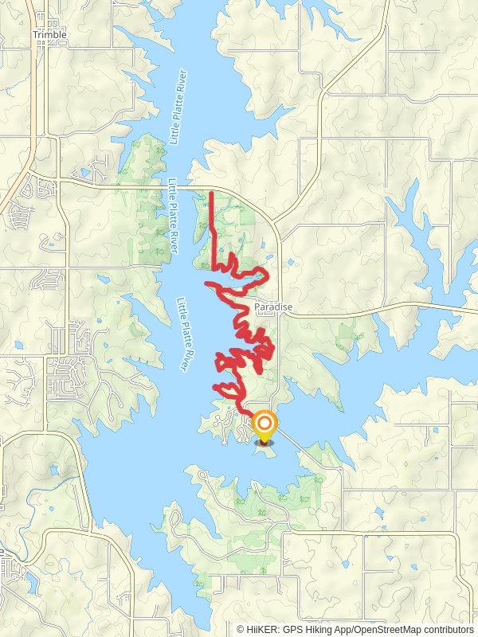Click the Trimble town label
[49, 35]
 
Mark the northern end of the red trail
[212, 193]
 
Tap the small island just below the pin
[265, 451]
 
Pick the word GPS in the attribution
[294, 628]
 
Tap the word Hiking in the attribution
[321, 628]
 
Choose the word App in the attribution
[347, 628]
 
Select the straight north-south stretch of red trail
[212, 219]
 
